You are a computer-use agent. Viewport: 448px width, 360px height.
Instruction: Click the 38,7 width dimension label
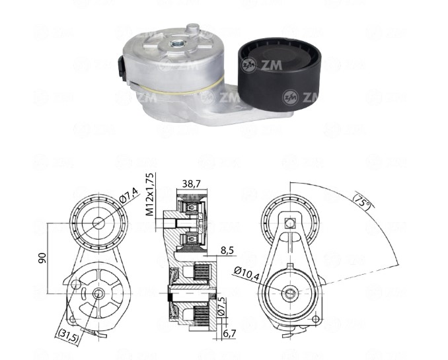[192, 184]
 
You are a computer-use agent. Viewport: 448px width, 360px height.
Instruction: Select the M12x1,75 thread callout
[150, 194]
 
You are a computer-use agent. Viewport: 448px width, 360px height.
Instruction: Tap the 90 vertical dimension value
[42, 258]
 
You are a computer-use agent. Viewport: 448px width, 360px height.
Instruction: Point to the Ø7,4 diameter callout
[129, 194]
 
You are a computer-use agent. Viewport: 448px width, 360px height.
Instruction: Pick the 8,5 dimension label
[227, 250]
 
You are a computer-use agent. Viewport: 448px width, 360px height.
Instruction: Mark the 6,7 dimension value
[229, 333]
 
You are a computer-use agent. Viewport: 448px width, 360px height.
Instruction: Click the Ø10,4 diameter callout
[246, 273]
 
